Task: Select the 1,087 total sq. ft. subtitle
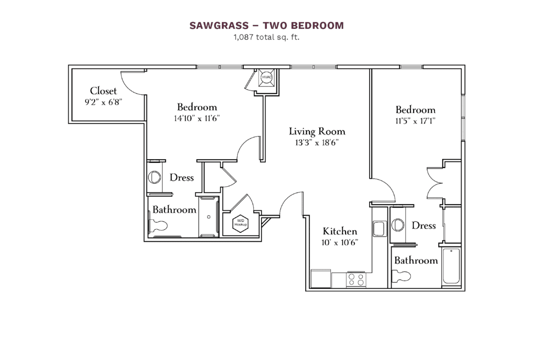267,37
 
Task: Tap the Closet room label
103,91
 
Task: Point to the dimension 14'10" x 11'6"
197,118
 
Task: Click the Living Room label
317,131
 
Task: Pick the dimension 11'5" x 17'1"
415,120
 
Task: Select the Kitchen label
340,231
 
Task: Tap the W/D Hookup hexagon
241,223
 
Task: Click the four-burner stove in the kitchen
356,279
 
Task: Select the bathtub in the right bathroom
451,266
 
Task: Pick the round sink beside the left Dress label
155,177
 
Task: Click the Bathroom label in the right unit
416,261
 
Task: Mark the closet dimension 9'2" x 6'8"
103,103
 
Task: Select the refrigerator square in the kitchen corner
320,278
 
